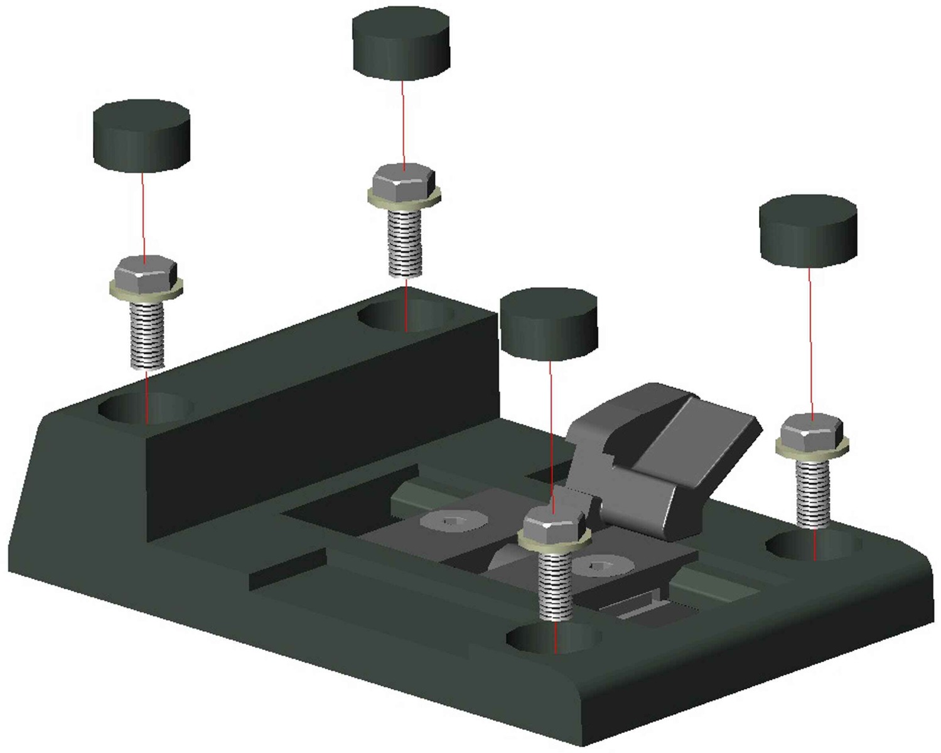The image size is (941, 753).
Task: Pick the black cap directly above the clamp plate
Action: (x=548, y=324)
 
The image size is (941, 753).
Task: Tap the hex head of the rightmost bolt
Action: (x=812, y=432)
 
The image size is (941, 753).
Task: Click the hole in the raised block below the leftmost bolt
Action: (x=144, y=409)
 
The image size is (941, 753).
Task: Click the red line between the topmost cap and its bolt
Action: (x=403, y=122)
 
